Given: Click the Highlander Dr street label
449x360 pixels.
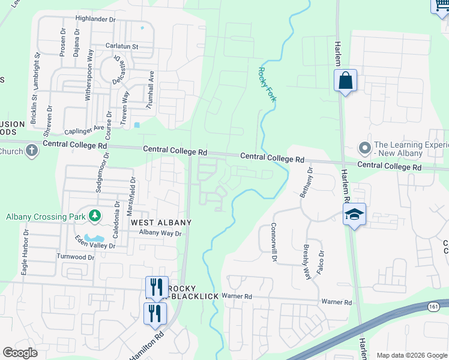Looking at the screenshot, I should (x=95, y=19).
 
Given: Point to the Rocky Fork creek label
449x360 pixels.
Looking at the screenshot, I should (x=266, y=84).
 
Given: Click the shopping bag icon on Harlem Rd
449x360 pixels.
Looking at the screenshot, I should (x=346, y=81).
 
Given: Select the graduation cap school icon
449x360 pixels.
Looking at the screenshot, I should (x=354, y=214).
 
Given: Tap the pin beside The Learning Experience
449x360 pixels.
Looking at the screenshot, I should (x=364, y=148).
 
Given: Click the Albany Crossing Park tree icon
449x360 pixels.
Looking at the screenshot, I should (x=94, y=215).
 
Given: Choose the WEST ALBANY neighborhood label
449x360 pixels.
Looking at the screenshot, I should (x=161, y=222).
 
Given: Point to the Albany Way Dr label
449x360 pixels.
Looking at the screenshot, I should (x=160, y=233).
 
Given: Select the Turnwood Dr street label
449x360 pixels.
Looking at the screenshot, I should (x=76, y=257).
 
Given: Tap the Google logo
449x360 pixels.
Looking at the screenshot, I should (x=20, y=353).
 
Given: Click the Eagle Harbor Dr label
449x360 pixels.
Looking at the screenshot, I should (x=26, y=252).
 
